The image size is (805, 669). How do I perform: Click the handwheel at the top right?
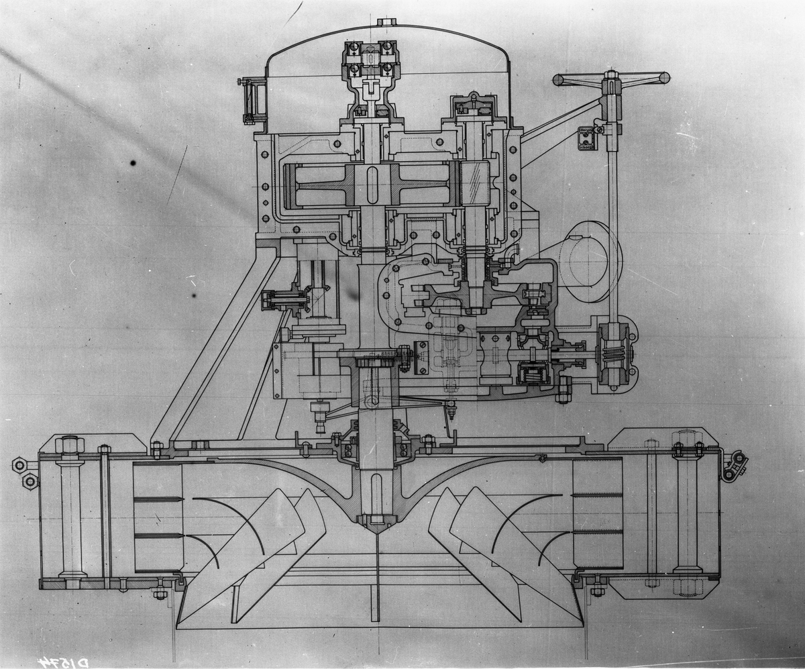611,79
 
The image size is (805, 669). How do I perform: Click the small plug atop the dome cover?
386,23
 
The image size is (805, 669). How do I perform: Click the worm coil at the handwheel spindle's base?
613,354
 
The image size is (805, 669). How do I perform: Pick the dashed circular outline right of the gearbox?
591,260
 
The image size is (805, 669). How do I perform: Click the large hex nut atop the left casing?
70,444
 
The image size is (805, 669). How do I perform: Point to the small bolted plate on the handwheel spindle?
586,138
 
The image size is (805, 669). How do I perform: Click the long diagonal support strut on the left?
215,342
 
